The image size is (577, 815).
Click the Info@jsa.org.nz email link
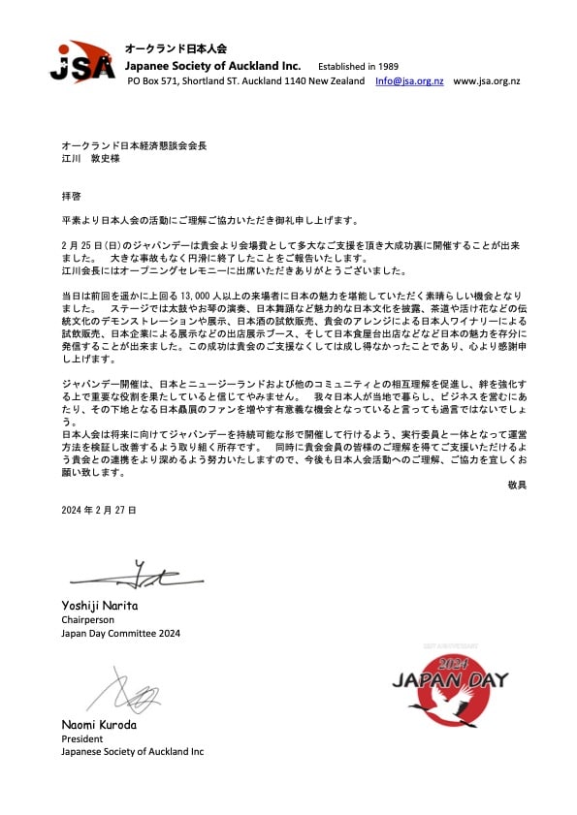[409, 81]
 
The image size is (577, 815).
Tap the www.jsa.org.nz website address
[486, 81]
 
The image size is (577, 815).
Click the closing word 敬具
[516, 483]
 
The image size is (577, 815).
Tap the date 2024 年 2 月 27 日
[98, 508]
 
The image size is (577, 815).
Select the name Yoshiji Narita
[101, 606]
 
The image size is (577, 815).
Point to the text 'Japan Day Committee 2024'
[120, 634]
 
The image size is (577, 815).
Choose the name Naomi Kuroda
[99, 724]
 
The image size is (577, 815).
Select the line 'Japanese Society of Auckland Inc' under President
[132, 752]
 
